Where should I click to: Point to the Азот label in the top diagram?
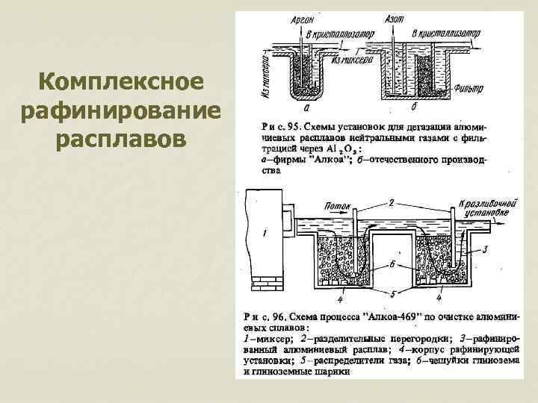(395, 19)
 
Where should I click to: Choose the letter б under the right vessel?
(404, 106)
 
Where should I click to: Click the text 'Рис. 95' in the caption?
(280, 125)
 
